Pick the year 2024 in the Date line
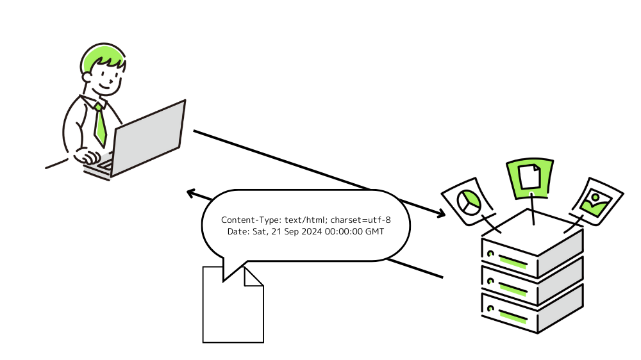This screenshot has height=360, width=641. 311,231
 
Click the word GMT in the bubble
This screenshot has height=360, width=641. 374,231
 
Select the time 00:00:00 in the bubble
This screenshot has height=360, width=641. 343,231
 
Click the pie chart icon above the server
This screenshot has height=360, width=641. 469,202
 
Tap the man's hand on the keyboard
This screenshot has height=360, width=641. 88,156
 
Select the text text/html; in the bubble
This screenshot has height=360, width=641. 306,220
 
